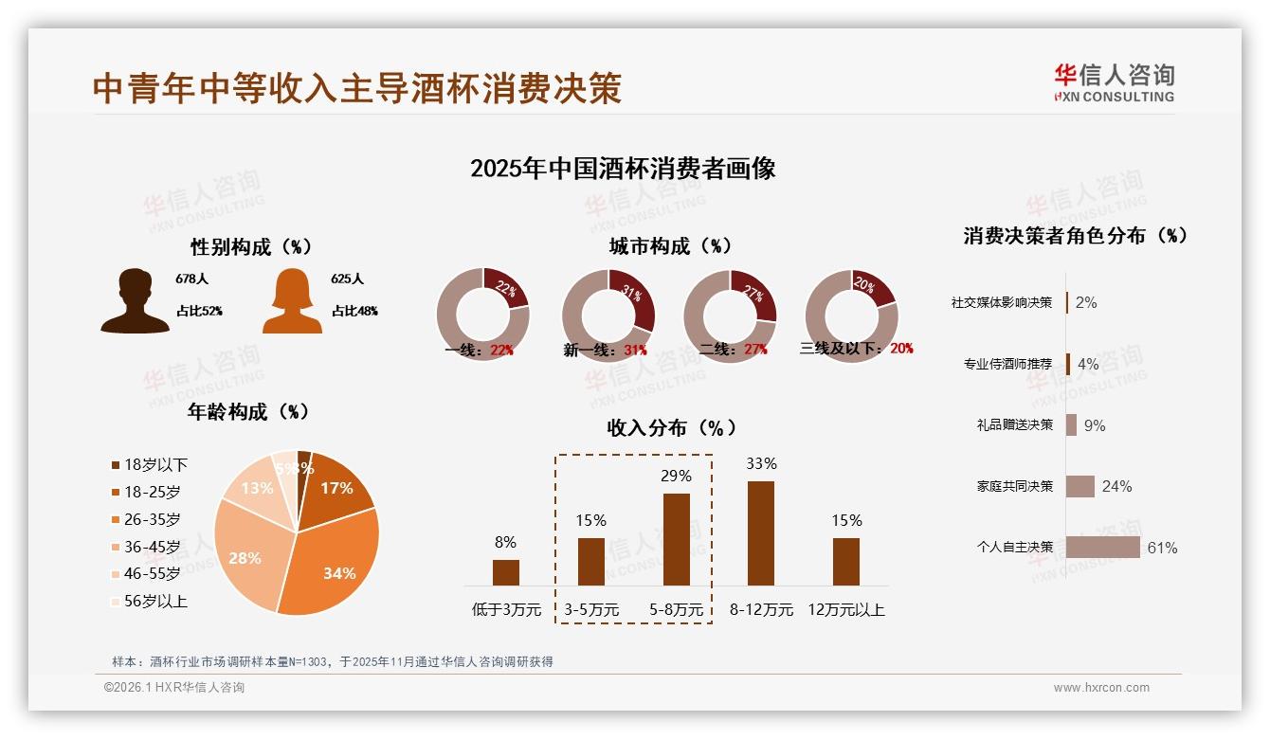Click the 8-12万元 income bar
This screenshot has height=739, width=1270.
761,532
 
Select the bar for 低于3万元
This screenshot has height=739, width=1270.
505,572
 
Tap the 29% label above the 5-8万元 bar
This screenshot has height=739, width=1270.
676,476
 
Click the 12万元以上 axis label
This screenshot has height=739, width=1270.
845,610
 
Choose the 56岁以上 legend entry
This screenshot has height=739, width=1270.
149,601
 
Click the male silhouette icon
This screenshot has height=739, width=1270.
135,300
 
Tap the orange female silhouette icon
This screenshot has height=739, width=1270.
292,300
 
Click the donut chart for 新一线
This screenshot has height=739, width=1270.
608,315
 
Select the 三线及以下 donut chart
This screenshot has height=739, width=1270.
850,315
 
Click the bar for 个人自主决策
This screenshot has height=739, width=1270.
1102,547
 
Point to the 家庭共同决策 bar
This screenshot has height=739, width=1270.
1079,486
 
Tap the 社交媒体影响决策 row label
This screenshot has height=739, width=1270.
1001,302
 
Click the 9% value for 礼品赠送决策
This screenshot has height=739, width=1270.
1095,425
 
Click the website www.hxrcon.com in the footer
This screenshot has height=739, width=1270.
1101,688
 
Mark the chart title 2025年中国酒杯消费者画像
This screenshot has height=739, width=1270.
623,169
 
